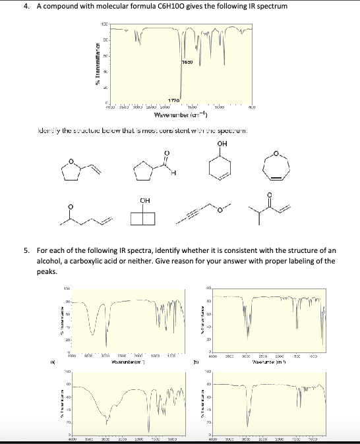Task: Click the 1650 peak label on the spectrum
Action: click(187, 61)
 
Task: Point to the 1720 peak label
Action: click(174, 99)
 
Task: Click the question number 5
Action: click(26, 251)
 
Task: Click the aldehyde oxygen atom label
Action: click(165, 136)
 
